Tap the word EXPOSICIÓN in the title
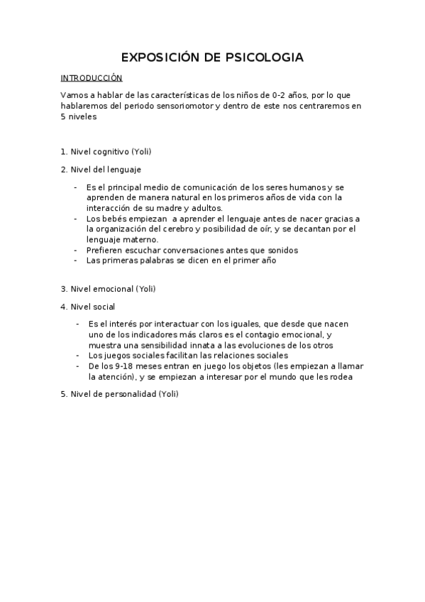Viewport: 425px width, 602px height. [160, 57]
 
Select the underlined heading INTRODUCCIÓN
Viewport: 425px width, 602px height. [92, 78]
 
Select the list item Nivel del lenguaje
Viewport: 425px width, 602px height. [106, 169]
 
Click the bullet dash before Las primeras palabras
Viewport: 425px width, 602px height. [75, 261]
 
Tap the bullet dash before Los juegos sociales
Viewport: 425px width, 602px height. [78, 355]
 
